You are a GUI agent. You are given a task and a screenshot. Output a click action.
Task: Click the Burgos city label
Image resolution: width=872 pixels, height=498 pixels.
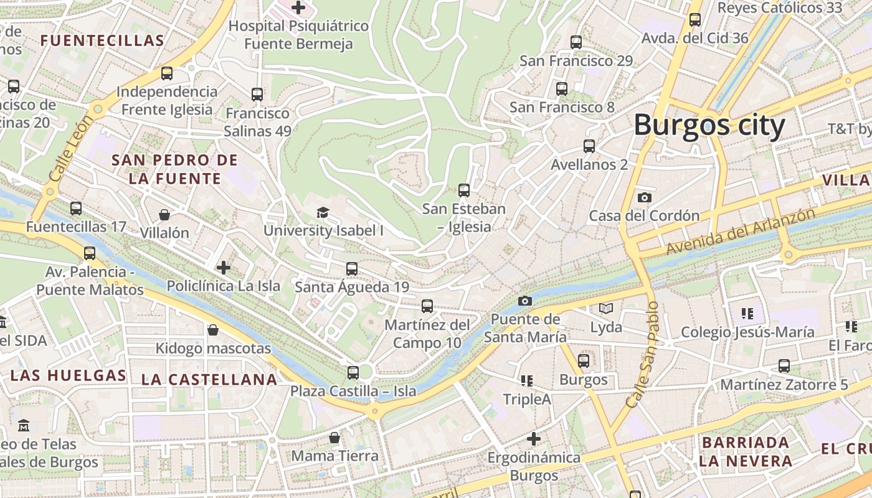[x=709, y=126]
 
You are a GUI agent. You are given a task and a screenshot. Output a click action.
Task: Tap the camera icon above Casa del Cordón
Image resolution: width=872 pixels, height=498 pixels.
[x=645, y=197]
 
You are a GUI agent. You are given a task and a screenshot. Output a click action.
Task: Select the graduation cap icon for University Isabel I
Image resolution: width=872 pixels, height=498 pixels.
[x=323, y=213]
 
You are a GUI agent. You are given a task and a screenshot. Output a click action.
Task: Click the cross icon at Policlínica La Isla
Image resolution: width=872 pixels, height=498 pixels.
[x=223, y=268]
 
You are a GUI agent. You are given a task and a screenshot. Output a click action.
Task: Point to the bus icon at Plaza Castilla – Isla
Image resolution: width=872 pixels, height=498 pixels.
[x=353, y=373]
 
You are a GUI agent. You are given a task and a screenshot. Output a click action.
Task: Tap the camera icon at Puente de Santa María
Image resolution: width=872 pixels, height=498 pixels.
[x=525, y=301]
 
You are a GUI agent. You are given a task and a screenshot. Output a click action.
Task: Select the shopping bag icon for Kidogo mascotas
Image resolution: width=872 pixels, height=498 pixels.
[x=213, y=330]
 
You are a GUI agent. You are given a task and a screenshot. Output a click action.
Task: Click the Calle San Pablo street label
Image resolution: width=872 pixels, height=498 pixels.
[x=643, y=355]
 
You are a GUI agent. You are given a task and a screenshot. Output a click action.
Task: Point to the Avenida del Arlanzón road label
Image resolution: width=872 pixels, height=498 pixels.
[x=741, y=232]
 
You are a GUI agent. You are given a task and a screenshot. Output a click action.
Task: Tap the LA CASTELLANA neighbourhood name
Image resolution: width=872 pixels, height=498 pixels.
[x=209, y=379]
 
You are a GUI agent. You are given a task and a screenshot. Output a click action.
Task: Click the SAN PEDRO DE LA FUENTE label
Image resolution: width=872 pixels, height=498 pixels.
[x=175, y=169]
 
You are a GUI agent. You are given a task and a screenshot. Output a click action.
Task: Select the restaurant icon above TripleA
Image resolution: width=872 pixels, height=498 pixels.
[x=527, y=380]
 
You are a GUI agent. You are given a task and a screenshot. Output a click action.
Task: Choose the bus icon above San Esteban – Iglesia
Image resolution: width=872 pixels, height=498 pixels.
[x=463, y=190]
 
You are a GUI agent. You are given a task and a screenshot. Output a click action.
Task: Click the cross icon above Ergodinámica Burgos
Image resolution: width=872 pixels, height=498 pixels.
[x=533, y=439]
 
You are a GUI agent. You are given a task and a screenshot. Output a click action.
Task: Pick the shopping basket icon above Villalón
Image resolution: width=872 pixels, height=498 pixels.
[x=164, y=215]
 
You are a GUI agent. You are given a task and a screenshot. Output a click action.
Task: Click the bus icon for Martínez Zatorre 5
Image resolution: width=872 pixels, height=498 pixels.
[x=784, y=366]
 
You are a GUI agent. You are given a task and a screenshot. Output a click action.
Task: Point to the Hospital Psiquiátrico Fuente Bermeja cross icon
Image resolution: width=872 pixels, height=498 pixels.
[x=298, y=7]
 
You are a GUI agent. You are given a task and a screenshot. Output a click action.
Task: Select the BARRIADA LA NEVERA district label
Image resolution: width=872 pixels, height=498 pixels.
[x=745, y=452]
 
